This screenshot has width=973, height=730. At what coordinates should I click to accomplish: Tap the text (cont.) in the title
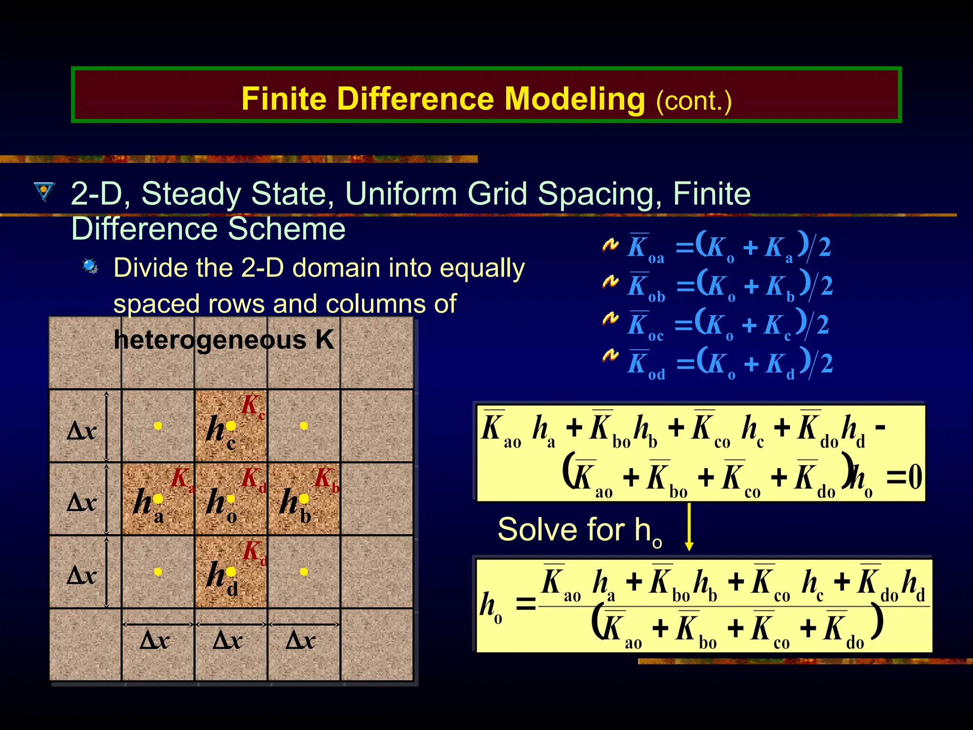point(694,101)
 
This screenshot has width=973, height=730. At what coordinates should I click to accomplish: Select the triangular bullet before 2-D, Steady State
point(44,192)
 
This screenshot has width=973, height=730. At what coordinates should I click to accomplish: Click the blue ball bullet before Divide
point(90,266)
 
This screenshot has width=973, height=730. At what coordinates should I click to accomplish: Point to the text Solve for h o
point(579,531)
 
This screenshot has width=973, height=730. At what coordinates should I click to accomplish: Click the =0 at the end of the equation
point(904,477)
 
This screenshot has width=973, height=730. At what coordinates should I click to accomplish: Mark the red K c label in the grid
point(252,407)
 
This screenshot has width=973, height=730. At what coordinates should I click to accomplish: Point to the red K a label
point(182,479)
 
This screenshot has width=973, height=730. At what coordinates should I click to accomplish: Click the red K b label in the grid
point(326,479)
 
